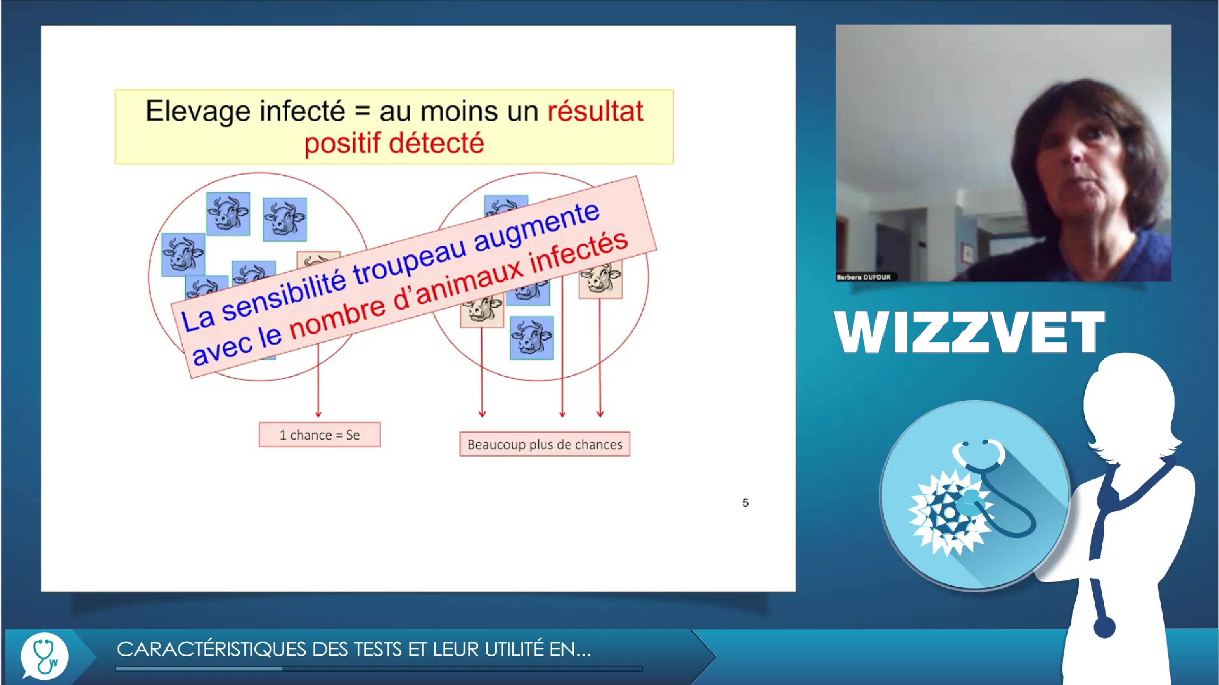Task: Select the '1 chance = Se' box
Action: pos(320,434)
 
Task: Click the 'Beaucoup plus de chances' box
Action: pos(545,444)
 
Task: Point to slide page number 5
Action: pos(745,503)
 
